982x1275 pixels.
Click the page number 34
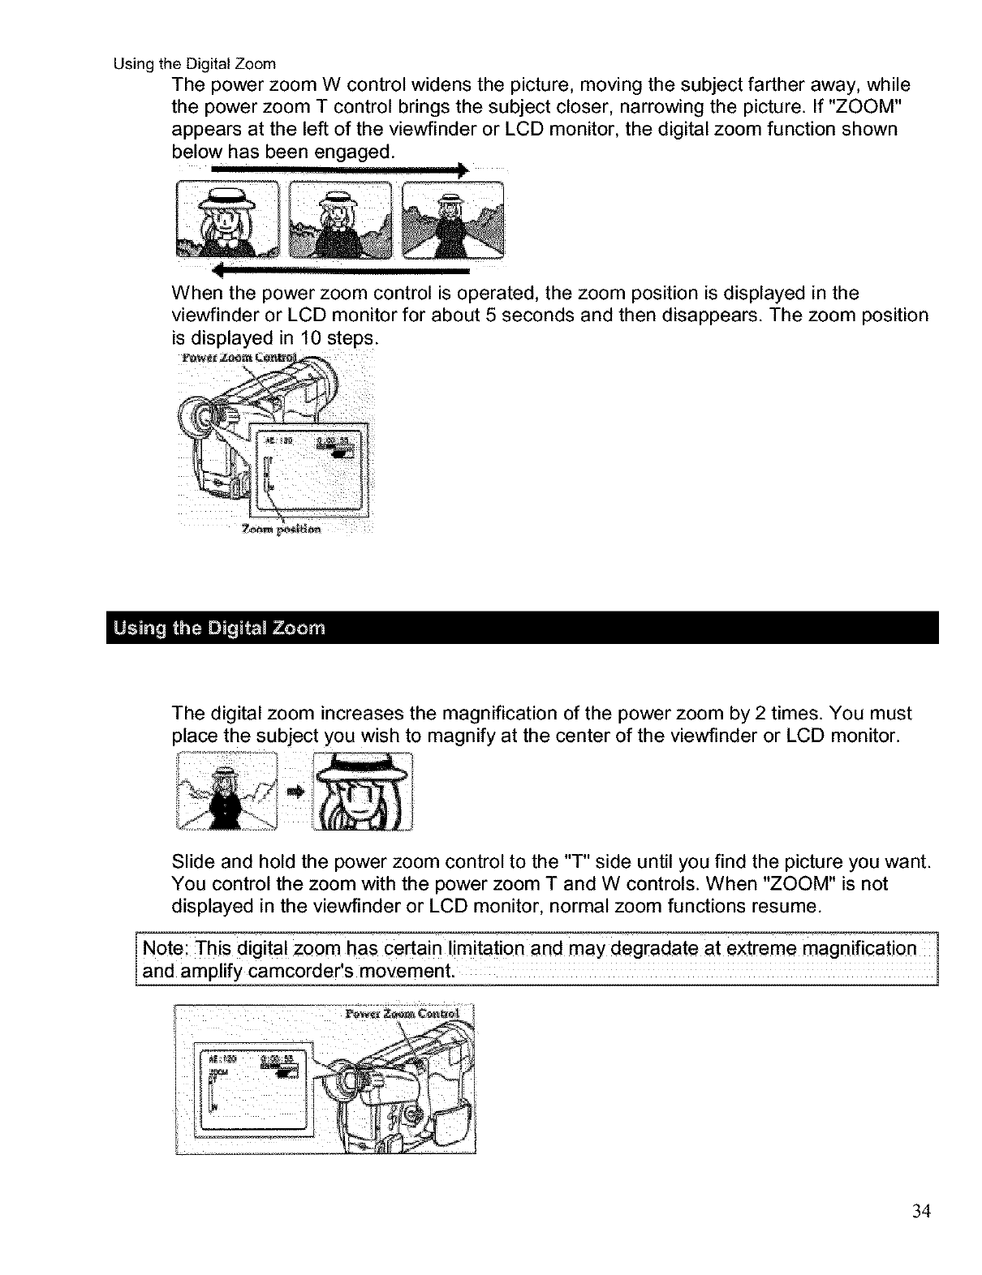[920, 1212]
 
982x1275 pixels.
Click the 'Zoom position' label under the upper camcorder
[282, 530]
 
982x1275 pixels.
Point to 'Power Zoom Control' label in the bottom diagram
[402, 1014]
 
